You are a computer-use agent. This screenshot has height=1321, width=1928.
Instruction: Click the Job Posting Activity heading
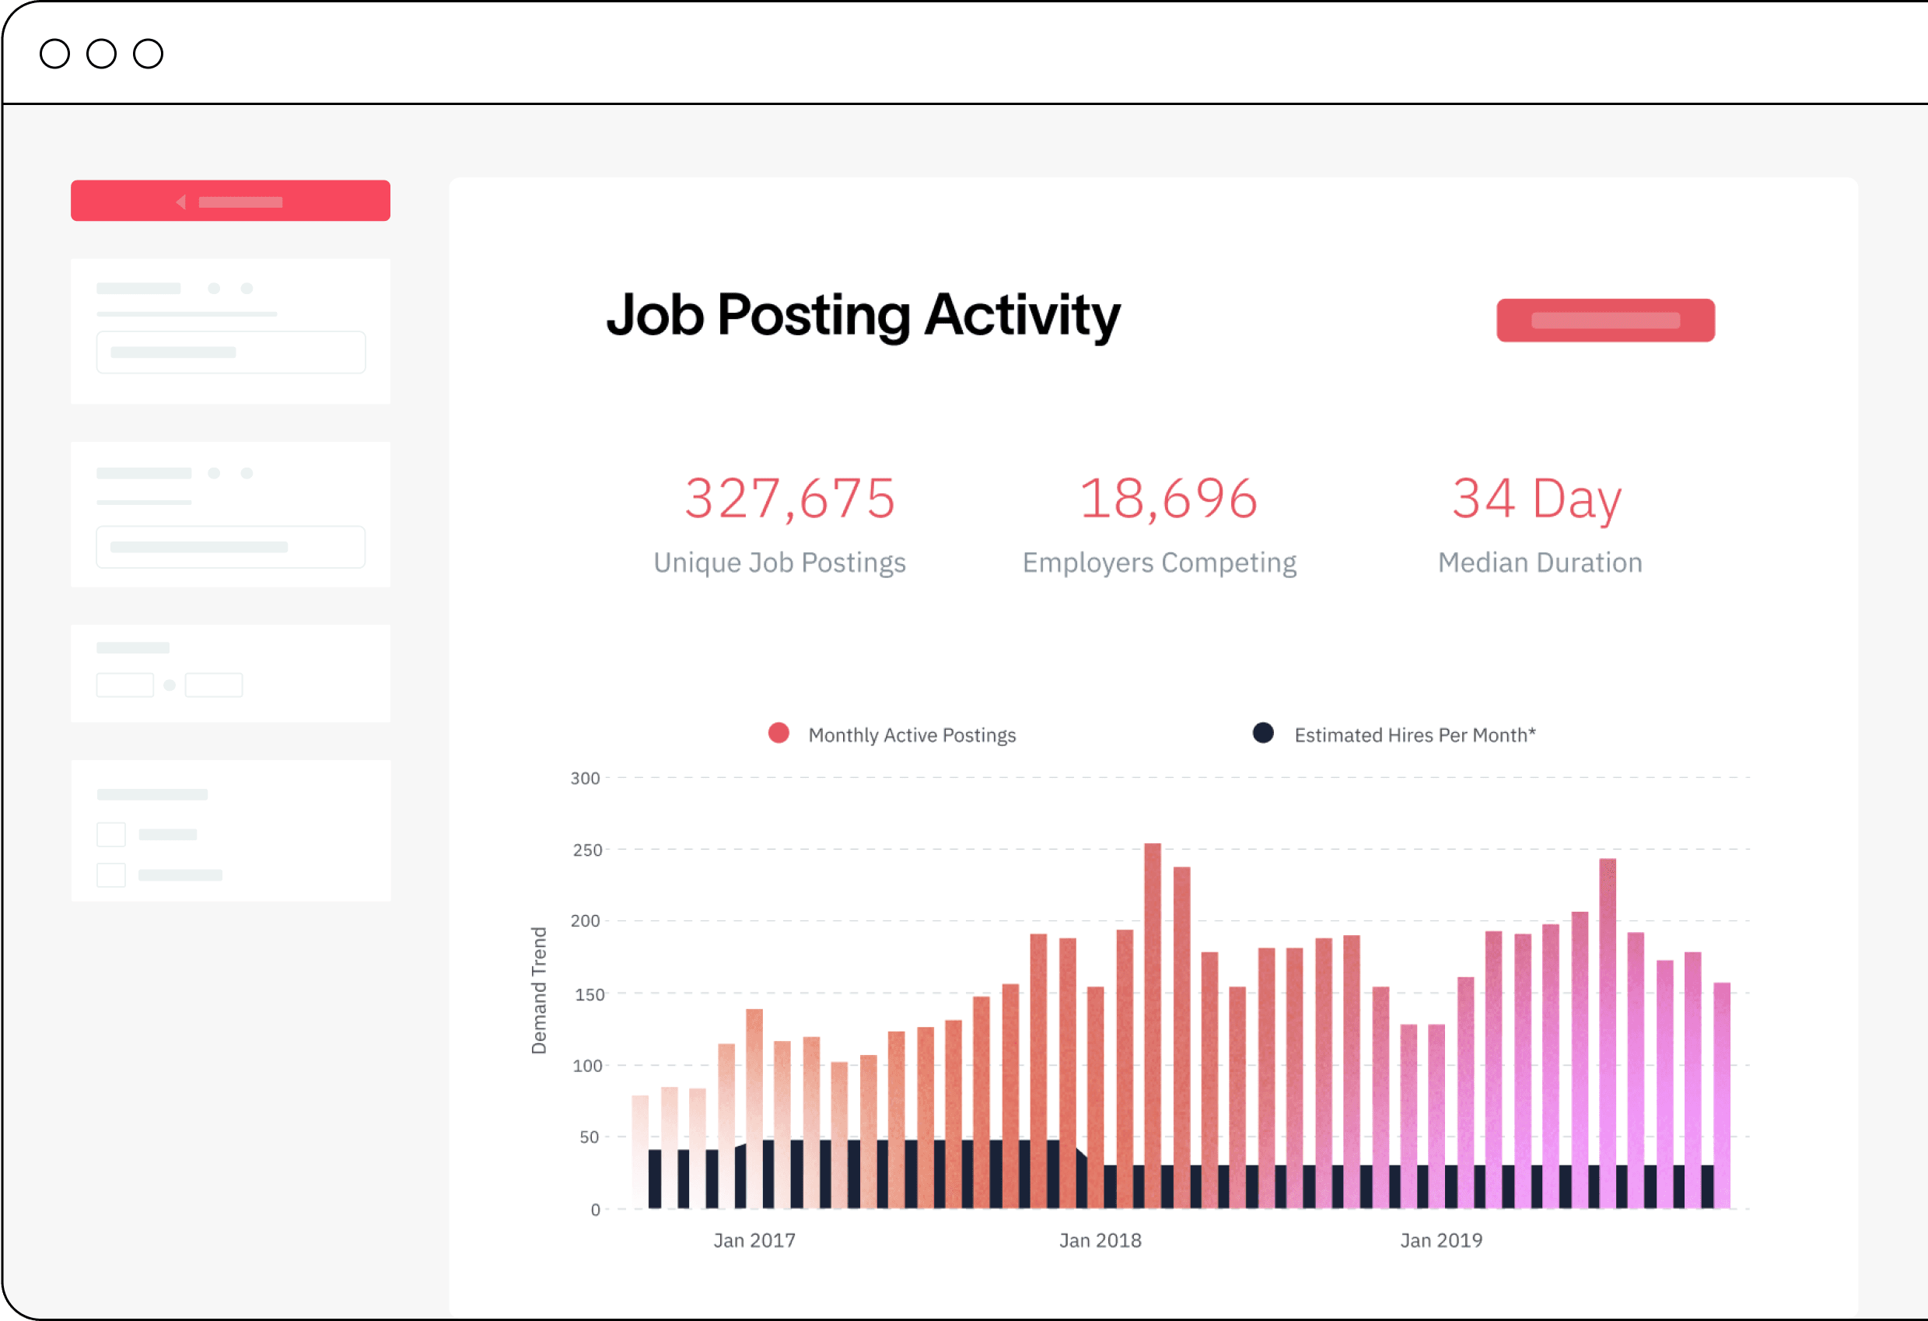coord(863,316)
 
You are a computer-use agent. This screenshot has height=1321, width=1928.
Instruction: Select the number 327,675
coord(789,499)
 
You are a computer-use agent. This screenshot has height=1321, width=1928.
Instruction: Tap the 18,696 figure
coord(1168,499)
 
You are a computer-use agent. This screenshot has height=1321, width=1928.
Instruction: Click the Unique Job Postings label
coord(779,562)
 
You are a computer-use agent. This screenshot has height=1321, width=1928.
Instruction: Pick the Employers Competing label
coord(1159,562)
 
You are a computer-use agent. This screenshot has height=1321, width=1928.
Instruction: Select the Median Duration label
coord(1540,562)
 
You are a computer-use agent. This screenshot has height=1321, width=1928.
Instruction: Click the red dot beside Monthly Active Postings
coord(779,734)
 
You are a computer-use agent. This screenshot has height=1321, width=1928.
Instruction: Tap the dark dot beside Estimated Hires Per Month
coord(1263,734)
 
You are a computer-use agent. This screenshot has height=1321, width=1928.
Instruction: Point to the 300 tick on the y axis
coord(585,778)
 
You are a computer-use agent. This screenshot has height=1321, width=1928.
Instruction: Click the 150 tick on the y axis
coord(589,994)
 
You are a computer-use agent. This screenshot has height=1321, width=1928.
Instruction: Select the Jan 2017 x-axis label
coord(754,1241)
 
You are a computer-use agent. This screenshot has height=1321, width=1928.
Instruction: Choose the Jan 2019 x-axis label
coord(1441,1241)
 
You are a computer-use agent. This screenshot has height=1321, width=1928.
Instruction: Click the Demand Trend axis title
coord(539,991)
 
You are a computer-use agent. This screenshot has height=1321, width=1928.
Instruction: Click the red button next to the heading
coord(1605,321)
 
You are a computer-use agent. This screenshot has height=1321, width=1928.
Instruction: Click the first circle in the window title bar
coord(54,54)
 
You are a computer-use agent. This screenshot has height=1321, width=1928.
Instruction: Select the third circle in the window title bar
coord(149,54)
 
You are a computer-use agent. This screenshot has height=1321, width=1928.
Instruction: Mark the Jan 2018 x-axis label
coord(1100,1241)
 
